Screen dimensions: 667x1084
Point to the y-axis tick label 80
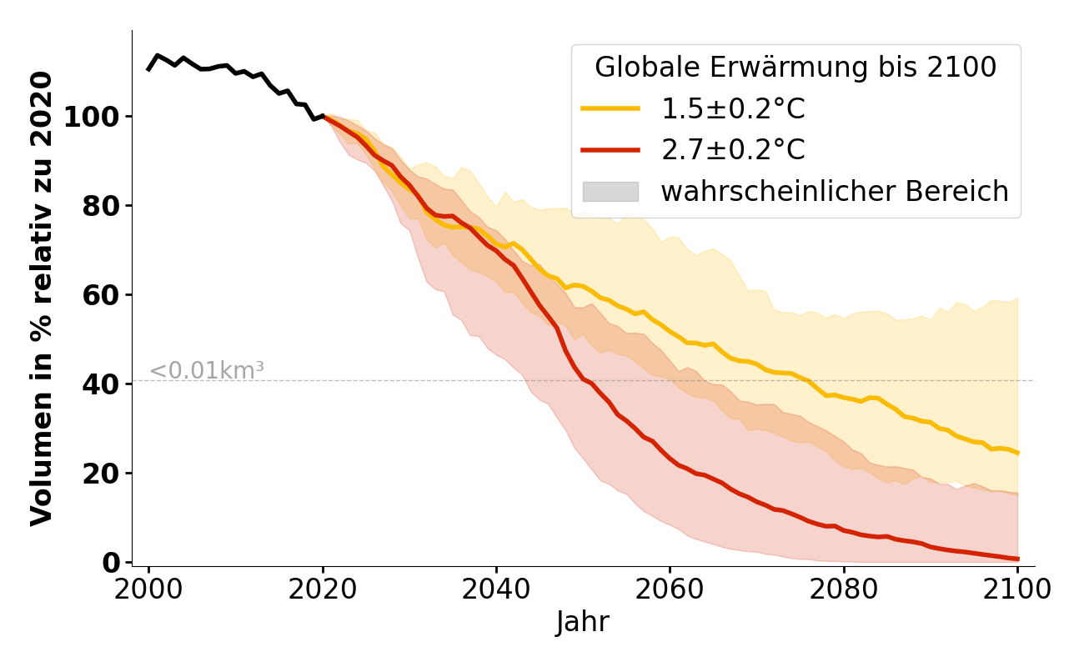100,206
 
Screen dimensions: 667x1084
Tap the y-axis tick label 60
100,295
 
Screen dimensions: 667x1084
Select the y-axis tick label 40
100,384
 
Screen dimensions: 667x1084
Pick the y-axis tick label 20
100,474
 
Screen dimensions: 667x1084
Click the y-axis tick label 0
112,563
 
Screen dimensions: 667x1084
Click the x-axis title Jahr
583,622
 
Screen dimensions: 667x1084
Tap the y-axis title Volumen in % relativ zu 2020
42,298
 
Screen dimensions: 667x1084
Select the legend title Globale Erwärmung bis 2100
795,68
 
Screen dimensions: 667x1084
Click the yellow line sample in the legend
610,108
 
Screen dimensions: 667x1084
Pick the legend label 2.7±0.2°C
733,150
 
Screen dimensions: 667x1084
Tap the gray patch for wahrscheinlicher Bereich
610,192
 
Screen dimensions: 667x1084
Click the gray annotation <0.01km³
207,371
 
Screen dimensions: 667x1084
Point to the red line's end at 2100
1017,559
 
